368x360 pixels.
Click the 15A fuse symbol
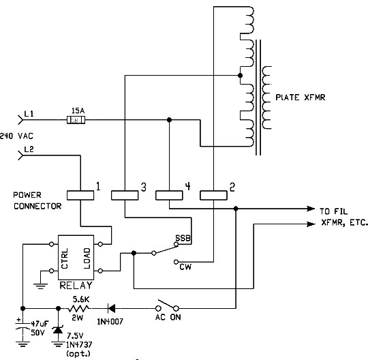(x=78, y=120)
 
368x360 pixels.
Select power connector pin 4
(x=170, y=195)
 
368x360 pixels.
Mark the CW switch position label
(x=185, y=267)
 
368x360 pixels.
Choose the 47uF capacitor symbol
(x=22, y=328)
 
